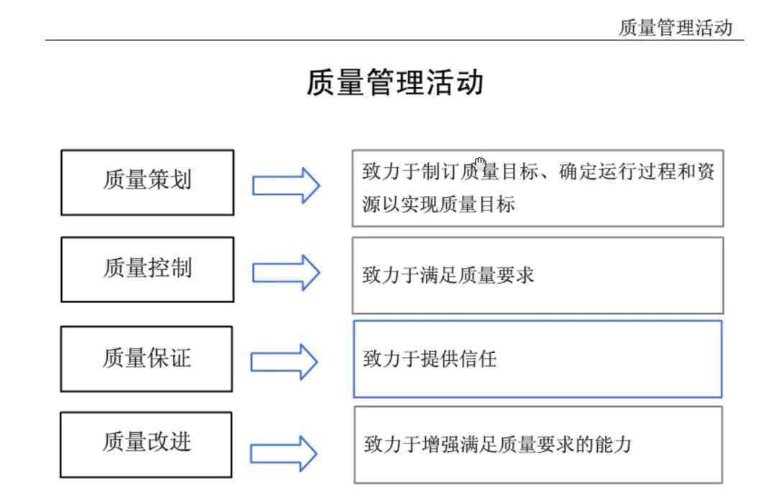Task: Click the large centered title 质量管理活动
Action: pyautogui.click(x=395, y=82)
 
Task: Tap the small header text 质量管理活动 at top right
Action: pyautogui.click(x=676, y=28)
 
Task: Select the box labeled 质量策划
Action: pyautogui.click(x=147, y=183)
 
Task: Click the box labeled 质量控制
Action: pyautogui.click(x=147, y=269)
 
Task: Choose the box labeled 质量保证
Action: pyautogui.click(x=146, y=359)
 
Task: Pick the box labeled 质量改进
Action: pyautogui.click(x=145, y=444)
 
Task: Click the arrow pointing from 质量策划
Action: pyautogui.click(x=286, y=186)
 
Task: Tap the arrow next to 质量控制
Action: pyautogui.click(x=286, y=273)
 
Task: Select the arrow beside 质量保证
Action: pyautogui.click(x=284, y=362)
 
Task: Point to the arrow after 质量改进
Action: pyautogui.click(x=283, y=454)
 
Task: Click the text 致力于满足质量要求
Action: pyautogui.click(x=448, y=275)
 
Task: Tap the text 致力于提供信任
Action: pyautogui.click(x=430, y=359)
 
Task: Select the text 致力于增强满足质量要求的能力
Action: pyautogui.click(x=498, y=444)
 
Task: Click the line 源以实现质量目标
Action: pyautogui.click(x=439, y=204)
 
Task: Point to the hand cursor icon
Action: pyautogui.click(x=479, y=163)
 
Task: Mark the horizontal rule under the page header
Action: pyautogui.click(x=394, y=40)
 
